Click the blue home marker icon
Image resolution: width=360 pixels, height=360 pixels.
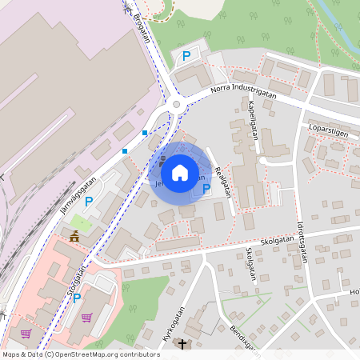179,172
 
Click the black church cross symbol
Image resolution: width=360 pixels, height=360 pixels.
182,345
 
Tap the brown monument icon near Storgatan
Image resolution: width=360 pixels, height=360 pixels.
74,236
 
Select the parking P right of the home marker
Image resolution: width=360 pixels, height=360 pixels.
206,189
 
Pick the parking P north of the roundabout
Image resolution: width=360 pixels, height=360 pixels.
186,56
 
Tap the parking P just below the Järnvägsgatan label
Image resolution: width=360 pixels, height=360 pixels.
89,202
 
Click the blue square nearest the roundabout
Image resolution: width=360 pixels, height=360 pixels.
145,132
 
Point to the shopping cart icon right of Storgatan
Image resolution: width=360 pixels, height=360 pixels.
86,317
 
